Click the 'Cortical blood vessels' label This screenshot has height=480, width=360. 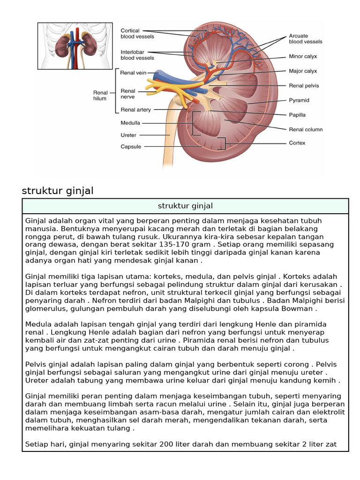pyautogui.click(x=137, y=33)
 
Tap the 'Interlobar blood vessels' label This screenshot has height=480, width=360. pyautogui.click(x=137, y=55)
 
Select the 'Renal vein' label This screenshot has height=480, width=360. pyautogui.click(x=134, y=73)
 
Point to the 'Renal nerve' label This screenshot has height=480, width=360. pyautogui.click(x=128, y=94)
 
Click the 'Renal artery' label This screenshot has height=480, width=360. pyautogui.click(x=135, y=110)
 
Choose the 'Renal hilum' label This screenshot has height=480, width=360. pyautogui.click(x=100, y=96)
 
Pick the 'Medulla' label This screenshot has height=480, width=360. pyautogui.click(x=130, y=123)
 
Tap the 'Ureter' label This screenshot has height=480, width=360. pyautogui.click(x=128, y=135)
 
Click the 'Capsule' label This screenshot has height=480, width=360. pyautogui.click(x=131, y=147)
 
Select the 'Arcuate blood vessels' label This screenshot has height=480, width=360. pyautogui.click(x=305, y=38)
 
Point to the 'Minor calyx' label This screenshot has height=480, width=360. pyautogui.click(x=303, y=56)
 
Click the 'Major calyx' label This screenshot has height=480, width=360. pyautogui.click(x=303, y=71)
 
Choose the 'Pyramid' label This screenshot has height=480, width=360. pyautogui.click(x=299, y=100)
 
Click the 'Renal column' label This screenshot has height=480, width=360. pyautogui.click(x=306, y=129)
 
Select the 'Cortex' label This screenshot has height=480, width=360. pyautogui.click(x=297, y=143)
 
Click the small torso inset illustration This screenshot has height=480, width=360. pyautogui.click(x=75, y=46)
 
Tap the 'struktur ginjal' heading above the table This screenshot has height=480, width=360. pyautogui.click(x=58, y=191)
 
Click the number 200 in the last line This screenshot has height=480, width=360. pyautogui.click(x=167, y=443)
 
